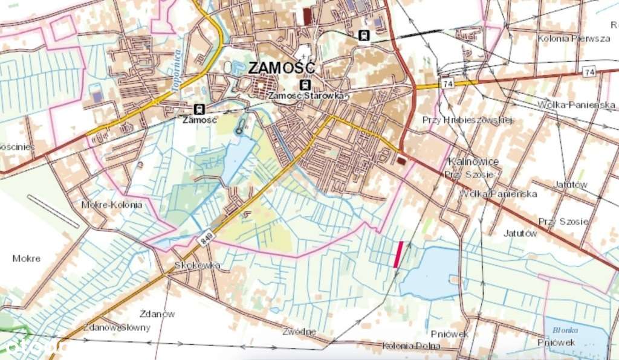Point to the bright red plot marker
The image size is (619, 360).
[x=398, y=254]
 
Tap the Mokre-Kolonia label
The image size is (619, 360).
[x=112, y=205]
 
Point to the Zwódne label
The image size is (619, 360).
[x=299, y=332]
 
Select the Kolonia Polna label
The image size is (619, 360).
[x=412, y=347]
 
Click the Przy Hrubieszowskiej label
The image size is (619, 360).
[x=468, y=120]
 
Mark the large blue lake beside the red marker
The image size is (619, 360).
[x=430, y=273]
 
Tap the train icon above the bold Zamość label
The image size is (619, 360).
[x=199, y=109]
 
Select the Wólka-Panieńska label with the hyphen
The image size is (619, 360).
[x=568, y=105]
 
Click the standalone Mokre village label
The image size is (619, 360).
[x=27, y=259]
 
